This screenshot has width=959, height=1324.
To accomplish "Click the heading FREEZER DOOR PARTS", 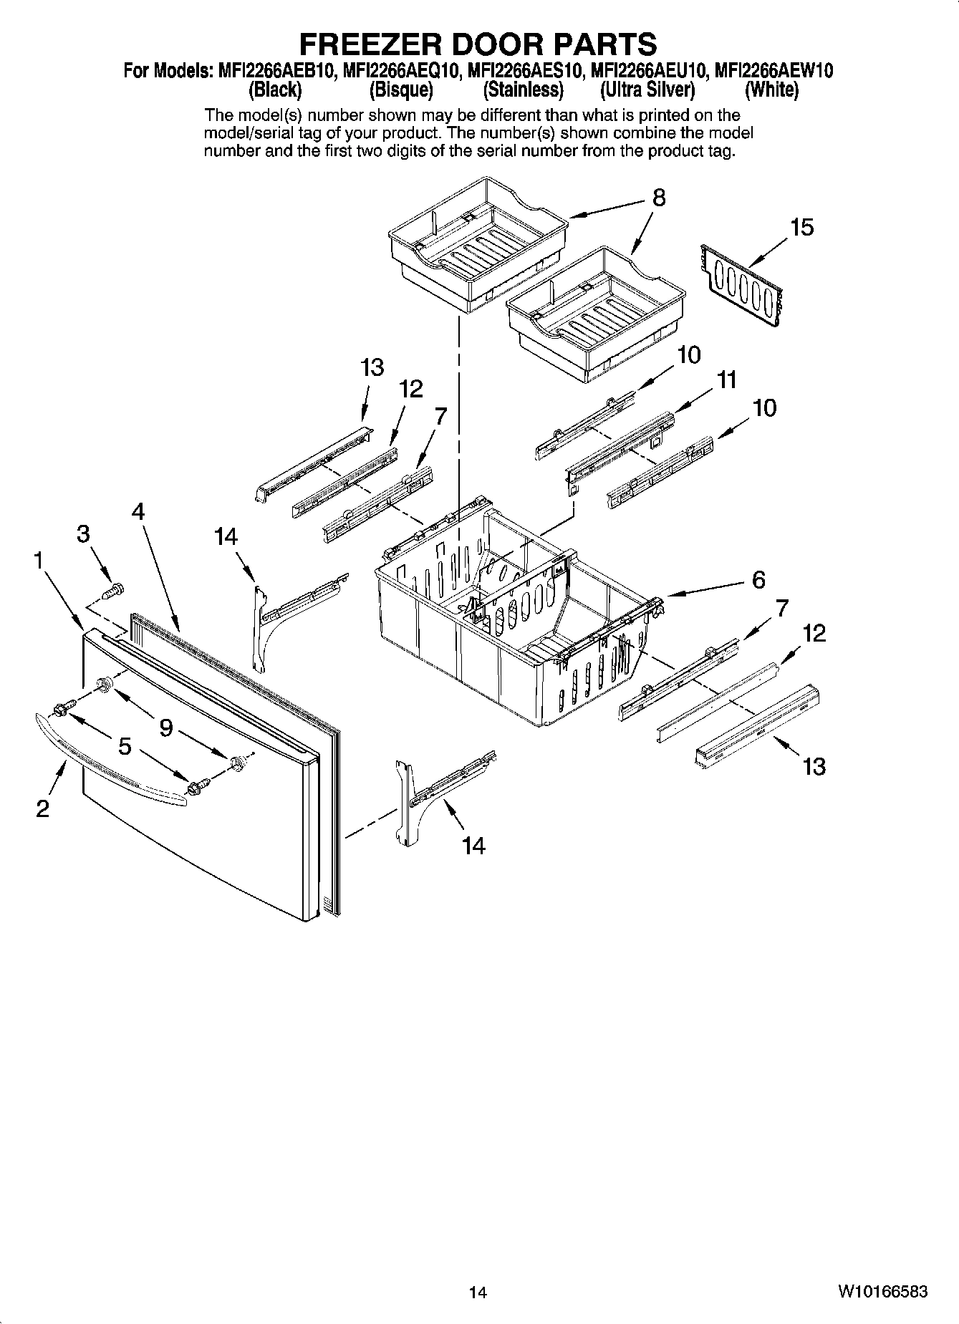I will pos(478,44).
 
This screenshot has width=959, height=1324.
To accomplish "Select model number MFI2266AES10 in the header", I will pos(525,71).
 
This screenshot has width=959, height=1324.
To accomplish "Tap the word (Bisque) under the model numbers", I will pos(401,90).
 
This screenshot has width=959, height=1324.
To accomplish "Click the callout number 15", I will pos(801,228).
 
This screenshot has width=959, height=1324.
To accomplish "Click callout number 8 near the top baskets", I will pos(659,198).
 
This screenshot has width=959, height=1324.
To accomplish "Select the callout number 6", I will pos(759,579).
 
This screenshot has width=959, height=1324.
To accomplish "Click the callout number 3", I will pos(84,534).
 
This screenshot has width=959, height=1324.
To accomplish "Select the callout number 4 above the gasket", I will pos(138,511).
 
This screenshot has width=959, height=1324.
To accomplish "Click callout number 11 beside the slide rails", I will pos(726,380).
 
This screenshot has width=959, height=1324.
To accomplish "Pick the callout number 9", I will pos(166,728).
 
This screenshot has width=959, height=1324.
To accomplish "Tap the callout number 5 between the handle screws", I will pos(125,747).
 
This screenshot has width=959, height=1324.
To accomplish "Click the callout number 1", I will pos(38,561).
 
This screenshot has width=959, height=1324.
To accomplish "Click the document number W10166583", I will pos(882,1292).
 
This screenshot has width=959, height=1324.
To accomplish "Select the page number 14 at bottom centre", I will pos(478,1292).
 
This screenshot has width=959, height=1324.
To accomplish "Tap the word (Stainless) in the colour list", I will pos(523,90).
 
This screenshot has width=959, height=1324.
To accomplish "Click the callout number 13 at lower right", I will pos(814,767).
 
